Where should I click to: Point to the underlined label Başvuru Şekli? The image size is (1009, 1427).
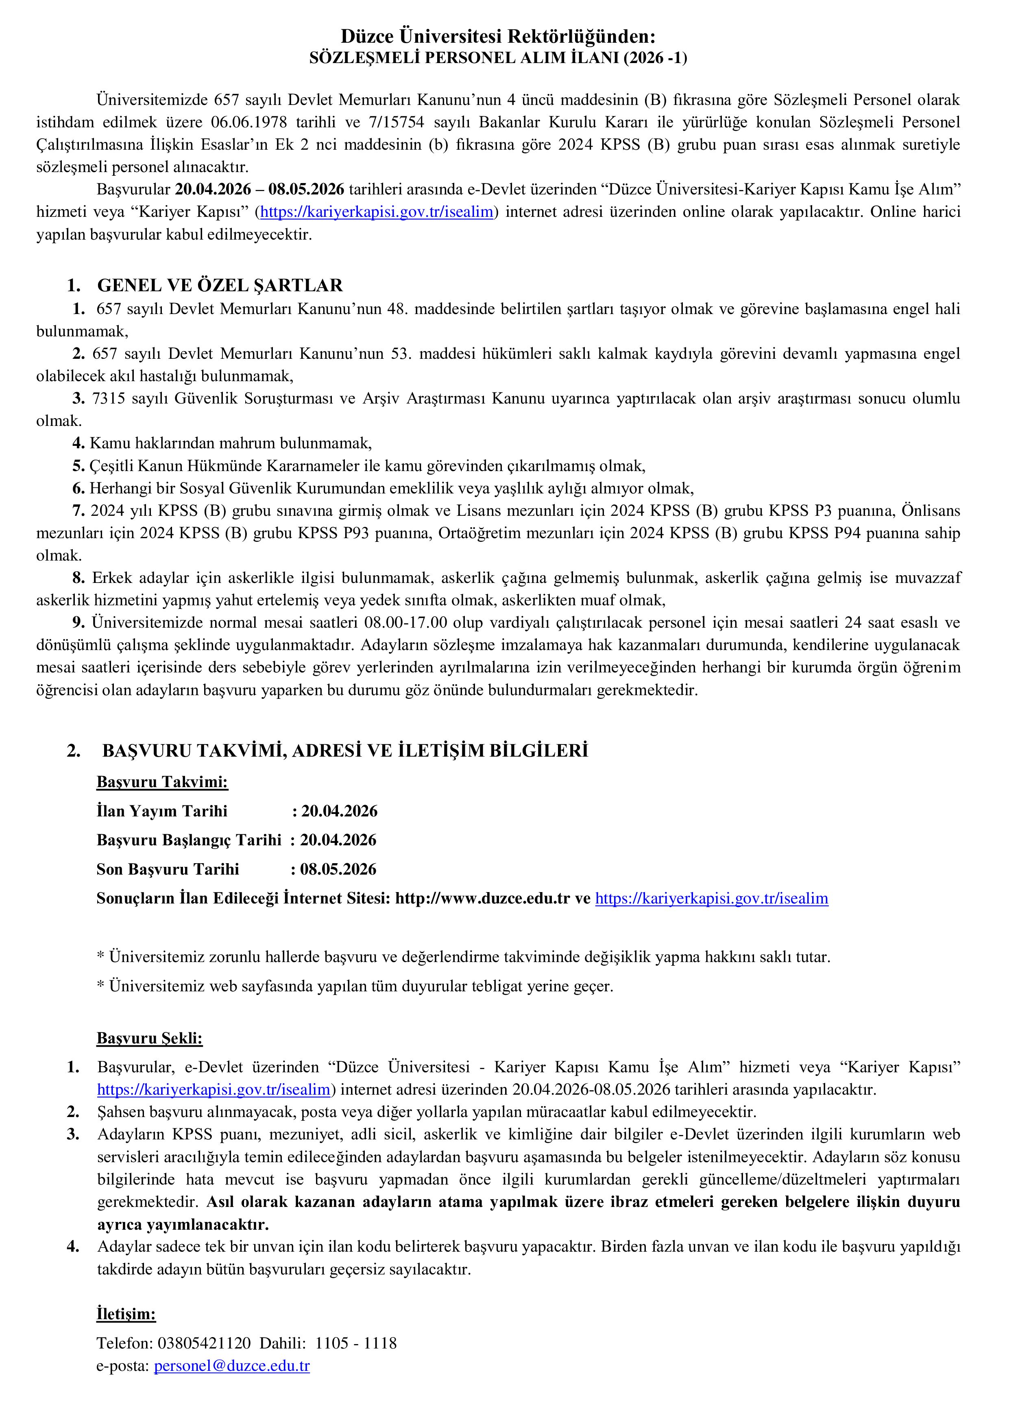click(x=150, y=1039)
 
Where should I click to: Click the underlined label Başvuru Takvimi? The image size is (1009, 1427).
click(x=162, y=782)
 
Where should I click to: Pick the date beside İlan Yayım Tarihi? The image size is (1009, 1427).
click(x=339, y=811)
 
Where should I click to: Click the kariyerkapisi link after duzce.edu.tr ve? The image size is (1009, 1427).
click(x=711, y=898)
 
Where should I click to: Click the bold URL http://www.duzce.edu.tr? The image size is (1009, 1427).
click(x=482, y=898)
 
